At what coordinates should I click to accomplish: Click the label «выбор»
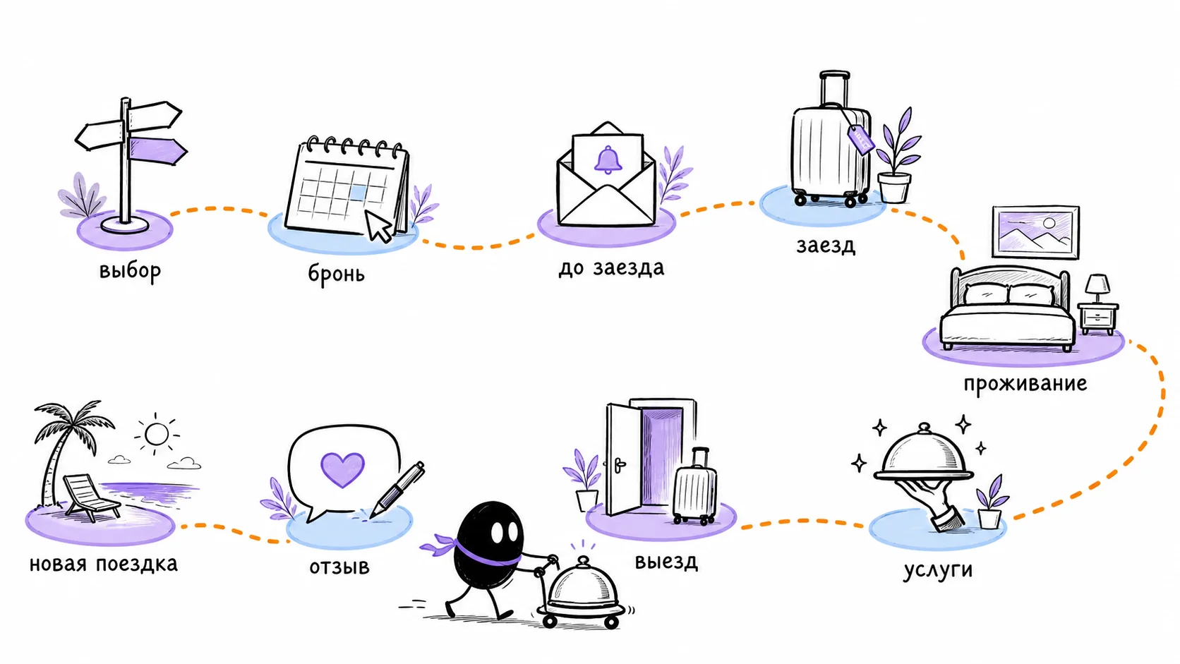pyautogui.click(x=130, y=271)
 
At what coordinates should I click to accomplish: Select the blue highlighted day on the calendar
pyautogui.click(x=358, y=193)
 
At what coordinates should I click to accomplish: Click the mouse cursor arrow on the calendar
pyautogui.click(x=378, y=226)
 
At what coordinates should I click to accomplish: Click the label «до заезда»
pyautogui.click(x=611, y=267)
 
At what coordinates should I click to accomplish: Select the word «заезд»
pyautogui.click(x=826, y=246)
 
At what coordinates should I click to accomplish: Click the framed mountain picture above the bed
pyautogui.click(x=1035, y=232)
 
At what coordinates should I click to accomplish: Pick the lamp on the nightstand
pyautogui.click(x=1097, y=288)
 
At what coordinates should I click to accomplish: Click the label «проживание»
pyautogui.click(x=1025, y=383)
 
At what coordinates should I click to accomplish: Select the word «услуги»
pyautogui.click(x=938, y=570)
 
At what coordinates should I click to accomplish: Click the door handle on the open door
pyautogui.click(x=620, y=465)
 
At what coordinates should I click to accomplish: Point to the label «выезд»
pyautogui.click(x=666, y=561)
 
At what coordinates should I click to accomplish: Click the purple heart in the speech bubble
pyautogui.click(x=342, y=469)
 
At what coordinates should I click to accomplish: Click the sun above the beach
pyautogui.click(x=157, y=435)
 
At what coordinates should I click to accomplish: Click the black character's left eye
pyautogui.click(x=498, y=532)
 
